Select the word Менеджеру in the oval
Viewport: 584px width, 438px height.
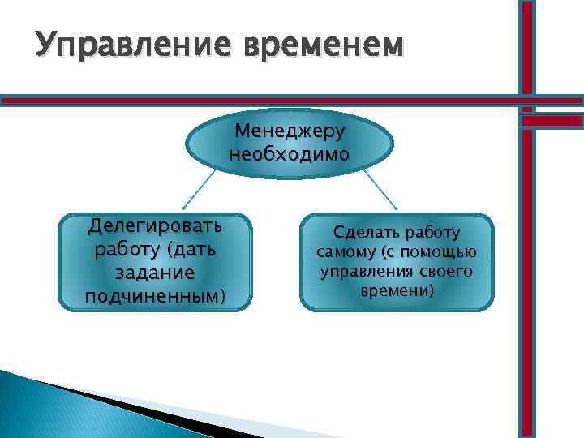pos(290,131)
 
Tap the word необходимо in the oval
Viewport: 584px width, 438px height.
pos(290,153)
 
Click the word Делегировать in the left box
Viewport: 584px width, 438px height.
pos(155,224)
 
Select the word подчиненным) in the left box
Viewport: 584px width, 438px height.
pos(155,297)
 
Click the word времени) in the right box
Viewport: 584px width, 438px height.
pos(397,290)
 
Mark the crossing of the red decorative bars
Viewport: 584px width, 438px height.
pos(527,101)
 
